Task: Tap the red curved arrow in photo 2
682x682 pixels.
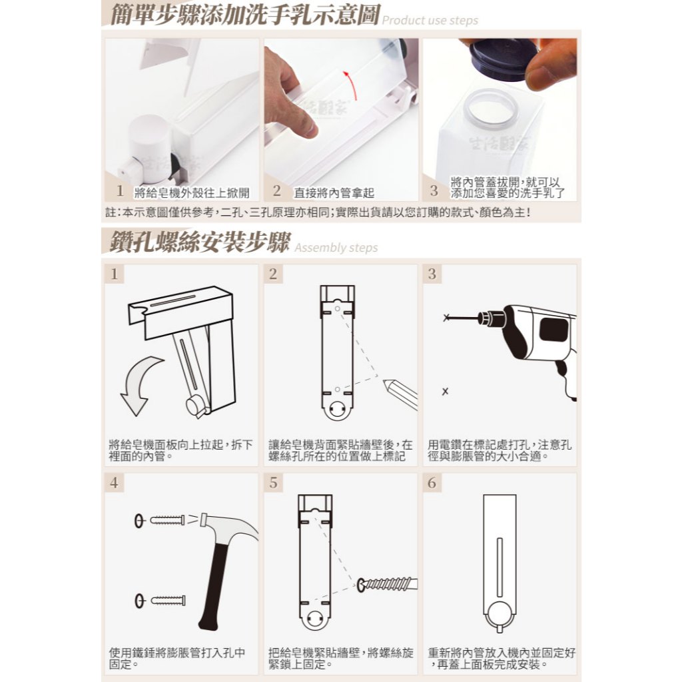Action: pyautogui.click(x=351, y=85)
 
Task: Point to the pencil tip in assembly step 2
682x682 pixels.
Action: pyautogui.click(x=385, y=382)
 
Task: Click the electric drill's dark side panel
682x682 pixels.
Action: pyautogui.click(x=553, y=329)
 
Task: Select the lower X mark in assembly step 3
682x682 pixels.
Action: pyautogui.click(x=445, y=391)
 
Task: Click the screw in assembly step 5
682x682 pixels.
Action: pyautogui.click(x=387, y=584)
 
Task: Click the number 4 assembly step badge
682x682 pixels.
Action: pyautogui.click(x=114, y=482)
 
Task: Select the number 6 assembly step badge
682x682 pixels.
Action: pyautogui.click(x=432, y=482)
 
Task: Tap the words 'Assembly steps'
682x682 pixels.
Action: pyautogui.click(x=336, y=248)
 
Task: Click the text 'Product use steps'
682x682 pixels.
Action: pyautogui.click(x=430, y=21)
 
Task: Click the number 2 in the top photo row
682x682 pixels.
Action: pyautogui.click(x=276, y=190)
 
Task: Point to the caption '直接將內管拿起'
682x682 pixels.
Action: pyautogui.click(x=334, y=192)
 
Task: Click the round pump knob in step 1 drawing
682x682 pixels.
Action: pyautogui.click(x=195, y=406)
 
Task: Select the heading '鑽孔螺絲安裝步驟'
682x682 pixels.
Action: pyautogui.click(x=200, y=242)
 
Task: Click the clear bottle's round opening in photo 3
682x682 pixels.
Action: pyautogui.click(x=490, y=109)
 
